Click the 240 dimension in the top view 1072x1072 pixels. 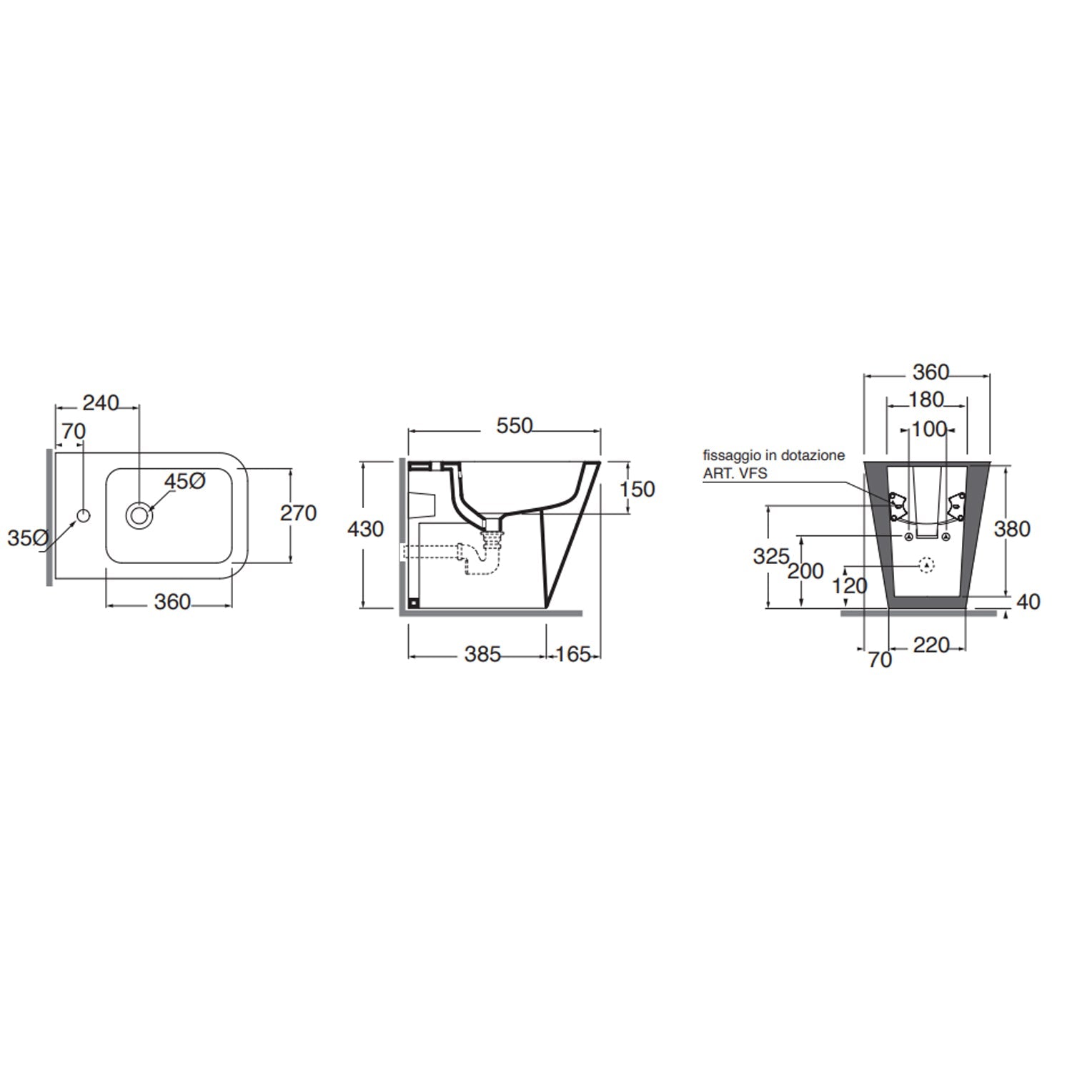coord(101,403)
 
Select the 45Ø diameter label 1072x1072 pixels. coord(185,482)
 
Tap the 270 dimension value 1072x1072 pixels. coord(298,513)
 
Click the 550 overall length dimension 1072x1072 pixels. coord(514,426)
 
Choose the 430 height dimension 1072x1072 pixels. coord(365,529)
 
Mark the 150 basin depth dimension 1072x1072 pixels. coord(637,490)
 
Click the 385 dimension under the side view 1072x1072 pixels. coord(482,654)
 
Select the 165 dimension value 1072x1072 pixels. coord(573,654)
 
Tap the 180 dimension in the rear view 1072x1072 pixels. coord(927,399)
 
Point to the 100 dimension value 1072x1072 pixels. coord(929,430)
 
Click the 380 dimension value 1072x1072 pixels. coord(1012,529)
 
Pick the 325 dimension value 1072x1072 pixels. coord(770,556)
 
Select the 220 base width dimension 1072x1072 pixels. coord(931,645)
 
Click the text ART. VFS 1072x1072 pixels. coord(735,473)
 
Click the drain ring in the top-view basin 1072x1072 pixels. coord(139,514)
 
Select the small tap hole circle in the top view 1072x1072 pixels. coord(84,515)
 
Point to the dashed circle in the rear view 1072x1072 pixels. coord(926,565)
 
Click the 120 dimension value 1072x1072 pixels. coord(850,586)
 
